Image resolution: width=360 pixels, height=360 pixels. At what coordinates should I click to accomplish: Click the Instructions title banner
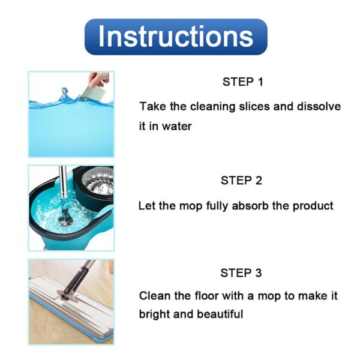coord(175,37)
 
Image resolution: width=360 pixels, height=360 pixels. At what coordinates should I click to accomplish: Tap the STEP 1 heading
coord(242,82)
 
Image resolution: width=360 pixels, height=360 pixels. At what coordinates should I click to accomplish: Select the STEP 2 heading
coord(241,181)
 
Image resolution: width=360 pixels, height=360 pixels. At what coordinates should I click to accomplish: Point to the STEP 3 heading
coord(241,273)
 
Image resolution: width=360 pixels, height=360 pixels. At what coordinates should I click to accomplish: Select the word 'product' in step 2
coord(312,206)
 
